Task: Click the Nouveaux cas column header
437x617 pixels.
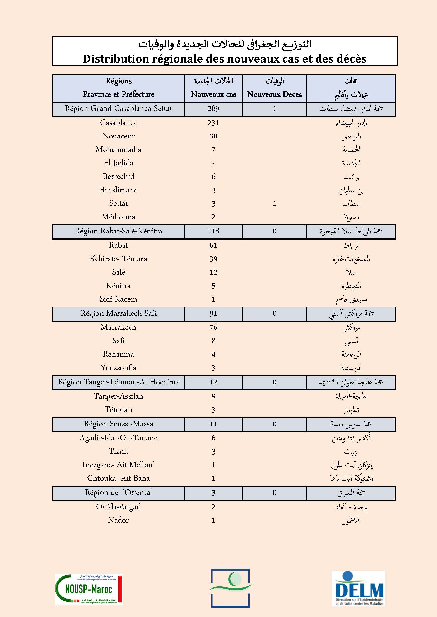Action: [213, 94]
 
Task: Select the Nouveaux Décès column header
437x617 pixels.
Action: [274, 94]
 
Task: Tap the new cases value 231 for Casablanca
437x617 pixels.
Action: [213, 123]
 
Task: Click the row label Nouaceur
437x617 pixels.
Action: [118, 136]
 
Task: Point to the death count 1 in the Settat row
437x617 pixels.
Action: [274, 203]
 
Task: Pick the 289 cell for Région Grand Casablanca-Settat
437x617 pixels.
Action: [213, 109]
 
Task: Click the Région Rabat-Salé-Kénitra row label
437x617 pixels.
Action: [118, 231]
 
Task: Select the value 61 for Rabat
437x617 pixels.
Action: [213, 245]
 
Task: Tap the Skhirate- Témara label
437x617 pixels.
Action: [118, 259]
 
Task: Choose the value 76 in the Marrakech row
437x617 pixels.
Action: [213, 327]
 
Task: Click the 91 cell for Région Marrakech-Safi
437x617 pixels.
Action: [213, 314]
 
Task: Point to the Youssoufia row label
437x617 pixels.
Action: [118, 368]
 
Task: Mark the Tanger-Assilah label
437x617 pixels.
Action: [118, 396]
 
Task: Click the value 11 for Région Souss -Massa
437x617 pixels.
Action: [213, 424]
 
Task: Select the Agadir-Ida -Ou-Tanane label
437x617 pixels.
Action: [118, 438]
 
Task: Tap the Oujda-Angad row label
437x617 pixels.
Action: [118, 507]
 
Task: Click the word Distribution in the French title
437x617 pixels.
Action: [116, 59]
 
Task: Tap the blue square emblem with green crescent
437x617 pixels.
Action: [230, 588]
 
